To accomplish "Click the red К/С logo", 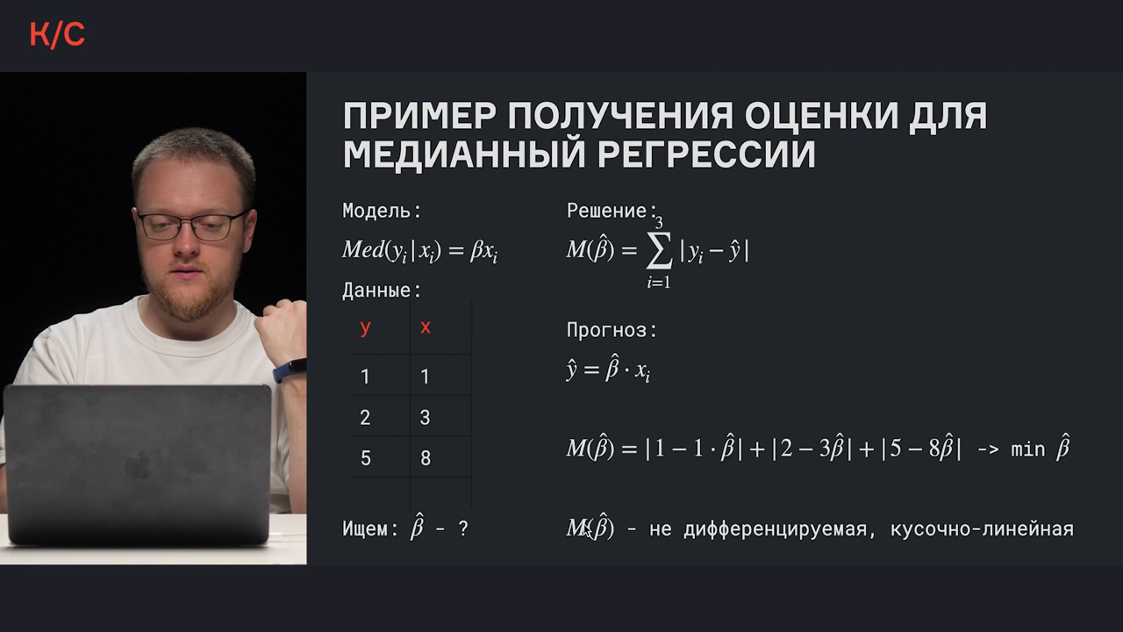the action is pyautogui.click(x=57, y=35).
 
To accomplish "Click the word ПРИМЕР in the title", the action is pyautogui.click(x=419, y=116).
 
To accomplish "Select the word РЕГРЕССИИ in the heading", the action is pyautogui.click(x=706, y=154).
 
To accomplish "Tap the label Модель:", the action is pyautogui.click(x=382, y=211).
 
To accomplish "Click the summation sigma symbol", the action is pyautogui.click(x=659, y=250).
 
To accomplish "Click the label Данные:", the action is pyautogui.click(x=382, y=291).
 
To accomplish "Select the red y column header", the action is pyautogui.click(x=366, y=328).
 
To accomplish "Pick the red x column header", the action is pyautogui.click(x=426, y=327).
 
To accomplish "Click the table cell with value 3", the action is pyautogui.click(x=425, y=417).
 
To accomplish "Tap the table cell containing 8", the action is pyautogui.click(x=426, y=458).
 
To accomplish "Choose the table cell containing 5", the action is pyautogui.click(x=366, y=458).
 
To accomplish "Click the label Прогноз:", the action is pyautogui.click(x=612, y=331).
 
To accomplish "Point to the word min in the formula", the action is pyautogui.click(x=1027, y=449).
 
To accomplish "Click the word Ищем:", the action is pyautogui.click(x=370, y=528).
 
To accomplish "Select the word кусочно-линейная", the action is pyautogui.click(x=982, y=529).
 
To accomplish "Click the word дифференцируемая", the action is pyautogui.click(x=776, y=529).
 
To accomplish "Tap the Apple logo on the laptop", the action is pyautogui.click(x=139, y=465).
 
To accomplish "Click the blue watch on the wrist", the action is pyautogui.click(x=290, y=370).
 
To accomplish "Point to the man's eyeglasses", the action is pyautogui.click(x=192, y=226).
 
